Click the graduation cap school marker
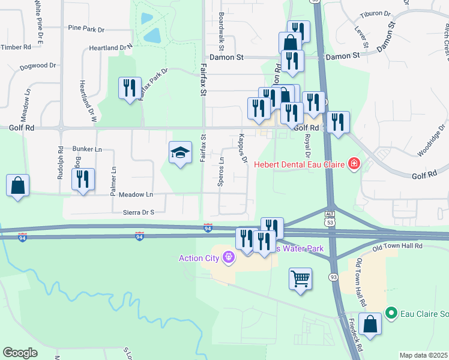coord(180,154)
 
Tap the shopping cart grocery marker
coord(300,279)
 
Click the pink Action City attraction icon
coord(228,259)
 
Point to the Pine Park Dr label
coord(86,28)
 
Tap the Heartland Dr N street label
coord(110,47)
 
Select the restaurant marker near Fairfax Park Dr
coord(130,89)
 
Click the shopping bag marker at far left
coord(18,186)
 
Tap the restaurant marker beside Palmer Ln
coord(83,180)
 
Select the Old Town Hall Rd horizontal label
coord(397,246)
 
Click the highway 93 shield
coord(333,277)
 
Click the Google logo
coord(20,352)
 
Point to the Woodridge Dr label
coord(429,143)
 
